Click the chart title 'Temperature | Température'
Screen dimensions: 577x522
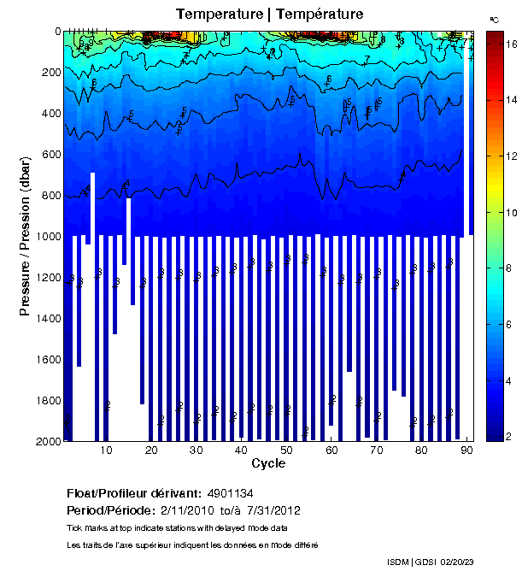(269, 15)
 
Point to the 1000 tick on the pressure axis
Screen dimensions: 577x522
(64, 237)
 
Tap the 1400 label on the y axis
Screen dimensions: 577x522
(45, 319)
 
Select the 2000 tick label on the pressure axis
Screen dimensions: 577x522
(45, 442)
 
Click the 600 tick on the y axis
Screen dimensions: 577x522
(64, 155)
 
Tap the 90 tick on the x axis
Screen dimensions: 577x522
(466, 441)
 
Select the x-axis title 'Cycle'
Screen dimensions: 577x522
(268, 464)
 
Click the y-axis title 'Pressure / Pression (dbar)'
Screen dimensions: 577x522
(25, 237)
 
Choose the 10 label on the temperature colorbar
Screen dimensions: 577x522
(510, 213)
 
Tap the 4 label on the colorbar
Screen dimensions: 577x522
(510, 380)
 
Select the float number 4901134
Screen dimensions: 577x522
(230, 494)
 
